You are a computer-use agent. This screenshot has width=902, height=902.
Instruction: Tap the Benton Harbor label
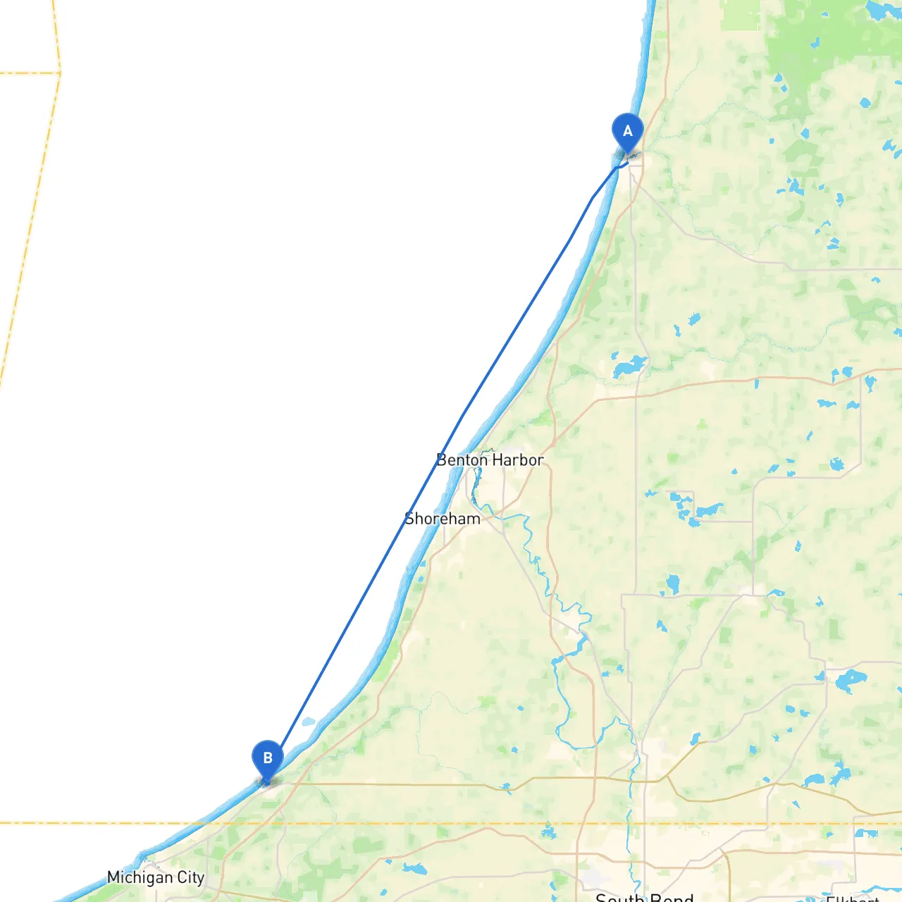coord(490,460)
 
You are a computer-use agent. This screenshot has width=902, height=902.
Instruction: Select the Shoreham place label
coord(443,519)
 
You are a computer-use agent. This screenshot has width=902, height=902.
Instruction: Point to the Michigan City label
coord(155,877)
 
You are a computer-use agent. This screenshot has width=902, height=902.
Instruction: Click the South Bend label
coord(644,897)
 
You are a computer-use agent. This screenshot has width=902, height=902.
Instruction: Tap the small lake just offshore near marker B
coord(308,722)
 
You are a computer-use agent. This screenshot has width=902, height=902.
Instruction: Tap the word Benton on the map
coord(462,460)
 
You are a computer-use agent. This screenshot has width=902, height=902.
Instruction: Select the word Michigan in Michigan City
coord(139,877)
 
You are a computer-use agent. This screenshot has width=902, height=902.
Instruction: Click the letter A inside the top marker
coord(627,131)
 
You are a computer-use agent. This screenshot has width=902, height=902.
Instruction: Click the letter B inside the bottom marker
coord(267,758)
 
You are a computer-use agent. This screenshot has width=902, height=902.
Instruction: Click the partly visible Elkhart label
coord(853,898)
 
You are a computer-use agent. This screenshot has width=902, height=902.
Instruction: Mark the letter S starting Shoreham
coord(409,519)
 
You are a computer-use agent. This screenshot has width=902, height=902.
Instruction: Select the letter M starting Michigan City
coord(113,877)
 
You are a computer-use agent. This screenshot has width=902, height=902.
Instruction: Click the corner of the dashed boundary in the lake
coord(60,73)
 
